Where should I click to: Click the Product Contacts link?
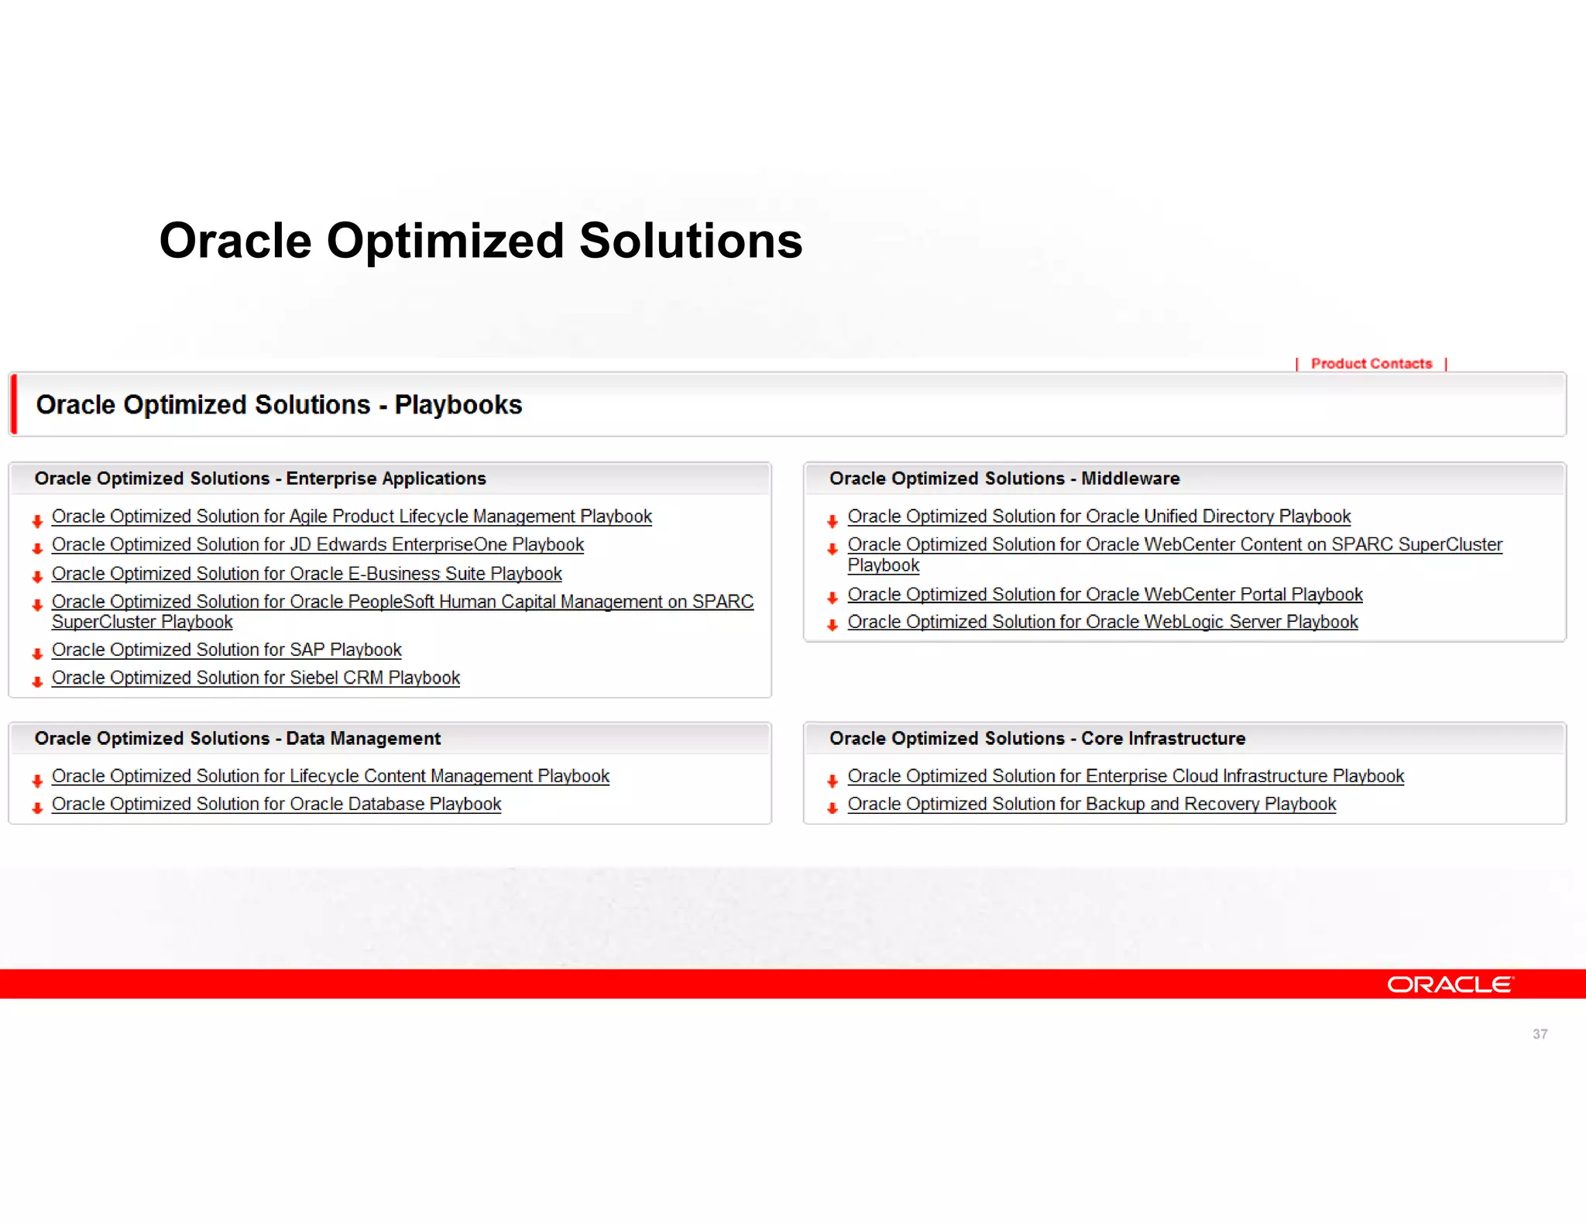click(x=1371, y=363)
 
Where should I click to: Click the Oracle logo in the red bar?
click(x=1450, y=984)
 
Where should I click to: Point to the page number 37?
click(x=1540, y=1034)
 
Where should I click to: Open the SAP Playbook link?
click(x=226, y=650)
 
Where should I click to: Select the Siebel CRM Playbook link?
click(x=256, y=678)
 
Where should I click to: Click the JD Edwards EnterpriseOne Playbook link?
click(x=318, y=544)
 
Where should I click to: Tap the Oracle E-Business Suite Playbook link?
click(x=307, y=574)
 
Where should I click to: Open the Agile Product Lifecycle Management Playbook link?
click(x=352, y=516)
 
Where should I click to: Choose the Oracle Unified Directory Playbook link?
click(x=1098, y=516)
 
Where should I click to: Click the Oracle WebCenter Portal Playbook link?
click(x=1104, y=595)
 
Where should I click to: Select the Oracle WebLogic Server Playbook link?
click(x=1102, y=622)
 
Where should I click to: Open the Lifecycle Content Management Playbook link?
click(x=330, y=776)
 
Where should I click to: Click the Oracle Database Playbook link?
click(x=276, y=804)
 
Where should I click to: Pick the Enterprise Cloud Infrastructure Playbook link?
click(x=1125, y=776)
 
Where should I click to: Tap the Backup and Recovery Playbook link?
click(x=1091, y=804)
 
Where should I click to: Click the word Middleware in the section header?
click(x=1130, y=479)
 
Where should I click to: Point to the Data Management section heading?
click(x=237, y=739)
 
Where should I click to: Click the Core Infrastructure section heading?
click(x=1037, y=739)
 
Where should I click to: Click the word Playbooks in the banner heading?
click(x=458, y=405)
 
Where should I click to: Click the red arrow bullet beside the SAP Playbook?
click(x=37, y=654)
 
